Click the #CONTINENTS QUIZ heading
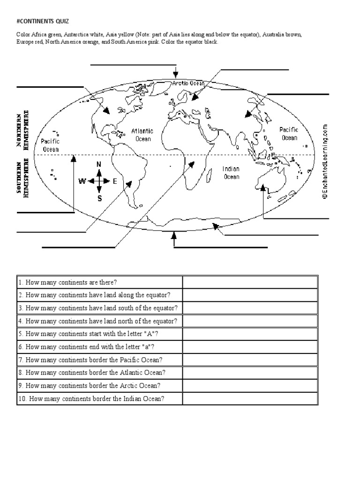tap(42, 21)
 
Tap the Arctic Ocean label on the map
tap(188, 83)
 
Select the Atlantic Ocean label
tap(142, 135)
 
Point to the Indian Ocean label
tap(231, 172)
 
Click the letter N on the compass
tap(99, 164)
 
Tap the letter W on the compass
tap(82, 181)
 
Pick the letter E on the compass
tap(115, 181)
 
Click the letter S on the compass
tap(99, 198)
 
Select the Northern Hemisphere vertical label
tap(22, 130)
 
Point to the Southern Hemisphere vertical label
tap(22, 180)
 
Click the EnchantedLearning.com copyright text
tap(324, 162)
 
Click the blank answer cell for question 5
tap(250, 334)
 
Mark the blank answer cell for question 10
tap(250, 399)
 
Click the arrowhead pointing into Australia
tap(263, 188)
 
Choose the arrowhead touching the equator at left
tap(73, 158)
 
